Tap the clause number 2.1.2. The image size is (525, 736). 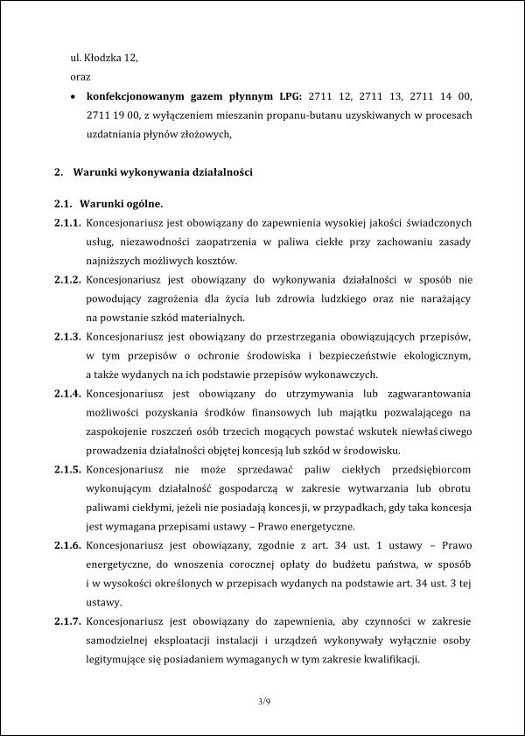67,279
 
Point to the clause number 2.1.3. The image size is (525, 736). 67,336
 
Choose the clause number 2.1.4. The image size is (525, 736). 67,393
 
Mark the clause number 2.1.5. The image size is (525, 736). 67,469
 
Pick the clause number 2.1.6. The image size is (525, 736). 67,544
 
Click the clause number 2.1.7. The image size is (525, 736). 67,620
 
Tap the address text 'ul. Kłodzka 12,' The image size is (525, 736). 104,58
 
